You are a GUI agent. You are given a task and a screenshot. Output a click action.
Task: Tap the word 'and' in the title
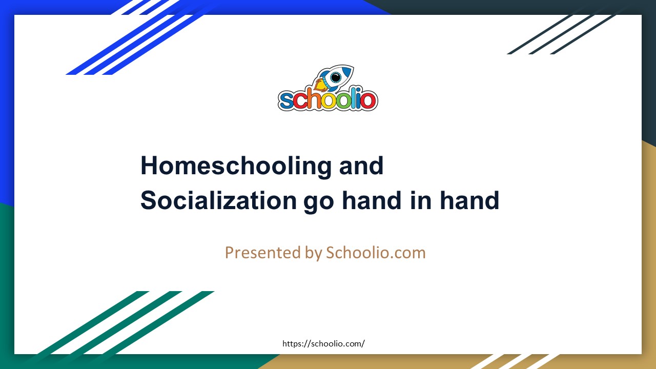[361, 166]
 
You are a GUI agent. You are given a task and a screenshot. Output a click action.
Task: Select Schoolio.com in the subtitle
[376, 253]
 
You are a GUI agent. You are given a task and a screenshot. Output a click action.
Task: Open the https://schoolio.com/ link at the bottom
[324, 344]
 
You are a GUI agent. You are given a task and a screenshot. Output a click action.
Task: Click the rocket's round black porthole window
[336, 77]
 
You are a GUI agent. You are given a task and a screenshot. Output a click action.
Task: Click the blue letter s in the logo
[287, 100]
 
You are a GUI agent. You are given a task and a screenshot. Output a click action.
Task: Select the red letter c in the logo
[300, 100]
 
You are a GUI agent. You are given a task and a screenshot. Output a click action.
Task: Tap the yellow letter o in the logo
[330, 100]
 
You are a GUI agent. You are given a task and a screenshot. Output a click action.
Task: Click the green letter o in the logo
[345, 100]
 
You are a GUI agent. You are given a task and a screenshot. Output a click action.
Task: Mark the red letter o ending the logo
[369, 100]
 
